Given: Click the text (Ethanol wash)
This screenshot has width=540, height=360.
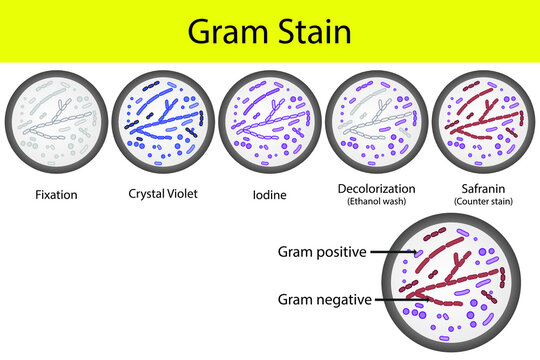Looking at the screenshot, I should pyautogui.click(x=377, y=202).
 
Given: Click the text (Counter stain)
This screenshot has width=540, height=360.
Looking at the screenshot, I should pyautogui.click(x=482, y=202).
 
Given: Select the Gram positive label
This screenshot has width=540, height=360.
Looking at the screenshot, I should pyautogui.click(x=319, y=253).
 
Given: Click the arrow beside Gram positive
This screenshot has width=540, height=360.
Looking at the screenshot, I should pyautogui.click(x=396, y=254).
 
